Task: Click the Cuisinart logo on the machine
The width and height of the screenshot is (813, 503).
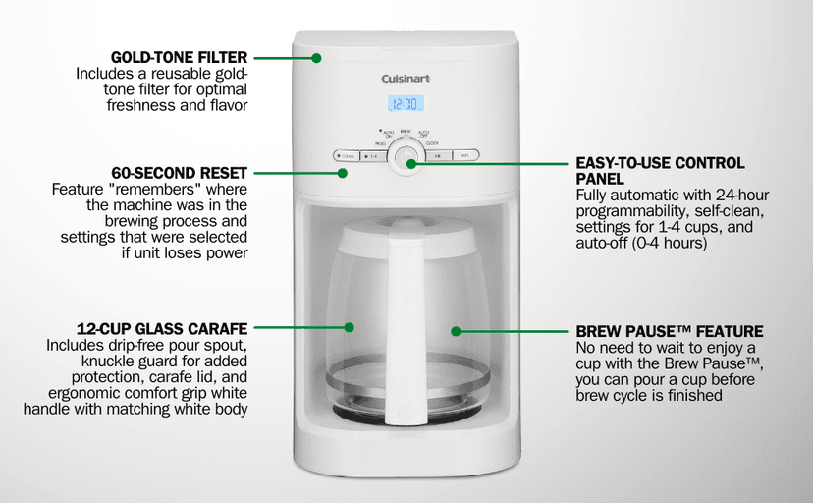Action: pos(406,79)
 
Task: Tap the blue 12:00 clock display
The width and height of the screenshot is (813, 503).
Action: pos(406,104)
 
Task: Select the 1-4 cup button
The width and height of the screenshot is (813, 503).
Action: pos(373,156)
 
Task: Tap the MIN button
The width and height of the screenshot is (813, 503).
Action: pos(465,155)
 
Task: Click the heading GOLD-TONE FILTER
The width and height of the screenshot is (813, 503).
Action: pos(179,57)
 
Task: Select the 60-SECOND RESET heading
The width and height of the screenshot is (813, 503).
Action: pos(180,173)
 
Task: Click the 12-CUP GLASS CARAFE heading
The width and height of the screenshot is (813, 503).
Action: pos(162,329)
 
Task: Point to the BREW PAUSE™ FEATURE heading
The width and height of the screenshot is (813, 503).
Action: pos(670,331)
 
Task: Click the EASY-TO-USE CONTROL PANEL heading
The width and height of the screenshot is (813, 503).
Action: pos(660,171)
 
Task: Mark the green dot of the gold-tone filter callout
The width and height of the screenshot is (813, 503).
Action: pos(316,58)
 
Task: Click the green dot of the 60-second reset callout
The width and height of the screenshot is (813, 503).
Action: pos(343,173)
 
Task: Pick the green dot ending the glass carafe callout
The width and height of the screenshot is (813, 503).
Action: pos(349,327)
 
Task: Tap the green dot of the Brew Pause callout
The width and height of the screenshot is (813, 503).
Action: pos(456,331)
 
